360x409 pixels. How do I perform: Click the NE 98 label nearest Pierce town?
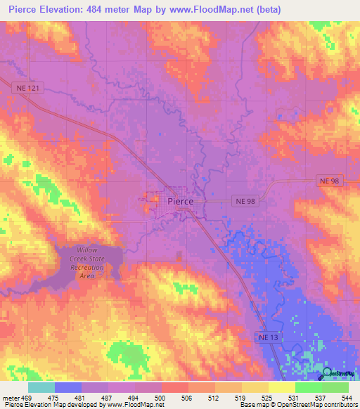tap(246, 201)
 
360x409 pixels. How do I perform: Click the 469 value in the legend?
tap(27, 398)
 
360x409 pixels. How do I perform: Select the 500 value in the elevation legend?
tap(162, 398)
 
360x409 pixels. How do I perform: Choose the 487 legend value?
tap(109, 398)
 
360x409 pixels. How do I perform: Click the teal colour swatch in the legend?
tap(41, 387)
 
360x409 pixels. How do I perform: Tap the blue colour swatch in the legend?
tap(67, 387)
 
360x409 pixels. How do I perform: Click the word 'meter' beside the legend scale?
tap(11, 398)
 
